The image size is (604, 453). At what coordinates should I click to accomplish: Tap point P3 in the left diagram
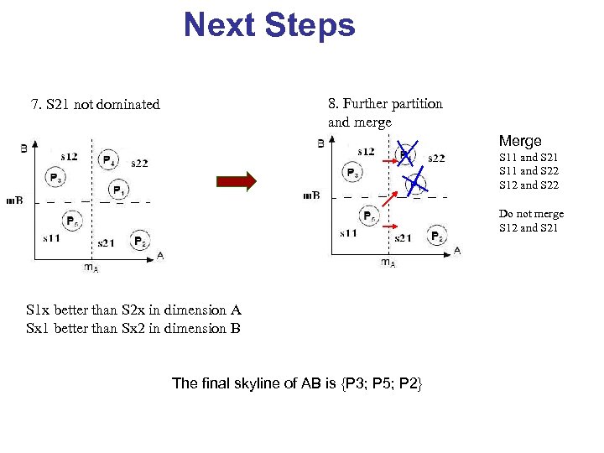pos(55,177)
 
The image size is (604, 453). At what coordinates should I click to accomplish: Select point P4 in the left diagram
pos(108,159)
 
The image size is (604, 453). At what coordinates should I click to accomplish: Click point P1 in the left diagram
pos(119,190)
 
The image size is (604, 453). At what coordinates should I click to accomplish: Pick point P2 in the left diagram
pos(140,241)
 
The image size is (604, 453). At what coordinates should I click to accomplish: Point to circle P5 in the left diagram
pos(74,221)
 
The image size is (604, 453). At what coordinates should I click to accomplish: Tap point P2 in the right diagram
pos(437,237)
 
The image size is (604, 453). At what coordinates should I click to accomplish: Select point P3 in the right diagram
pos(353,173)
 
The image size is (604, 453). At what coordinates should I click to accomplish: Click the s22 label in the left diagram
pos(139,163)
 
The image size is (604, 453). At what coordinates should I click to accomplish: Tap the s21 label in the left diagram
pos(106,243)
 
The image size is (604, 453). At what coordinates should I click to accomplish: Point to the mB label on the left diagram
pos(14,200)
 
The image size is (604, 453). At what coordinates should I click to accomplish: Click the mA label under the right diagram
pos(388,263)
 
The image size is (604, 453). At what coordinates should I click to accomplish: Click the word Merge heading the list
pos(520,141)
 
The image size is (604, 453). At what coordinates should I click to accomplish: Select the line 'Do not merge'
pos(531,214)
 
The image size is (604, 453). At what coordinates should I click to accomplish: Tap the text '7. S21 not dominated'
pos(95,105)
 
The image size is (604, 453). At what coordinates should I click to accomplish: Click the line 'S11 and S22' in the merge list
pos(528,171)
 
